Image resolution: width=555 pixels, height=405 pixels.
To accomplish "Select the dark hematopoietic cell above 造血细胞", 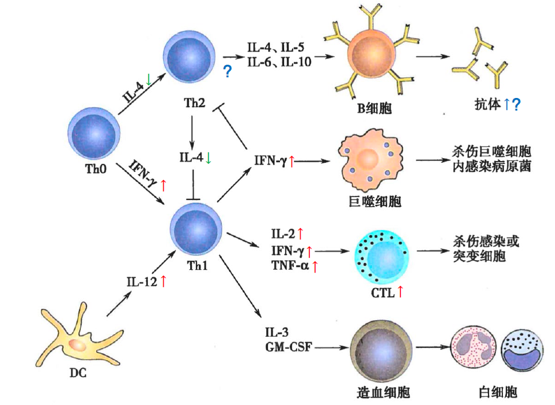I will pyautogui.click(x=379, y=347).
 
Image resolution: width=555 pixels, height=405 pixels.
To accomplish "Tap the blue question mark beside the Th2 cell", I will pyautogui.click(x=227, y=72).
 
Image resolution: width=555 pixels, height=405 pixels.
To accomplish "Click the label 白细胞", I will pyautogui.click(x=497, y=392).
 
